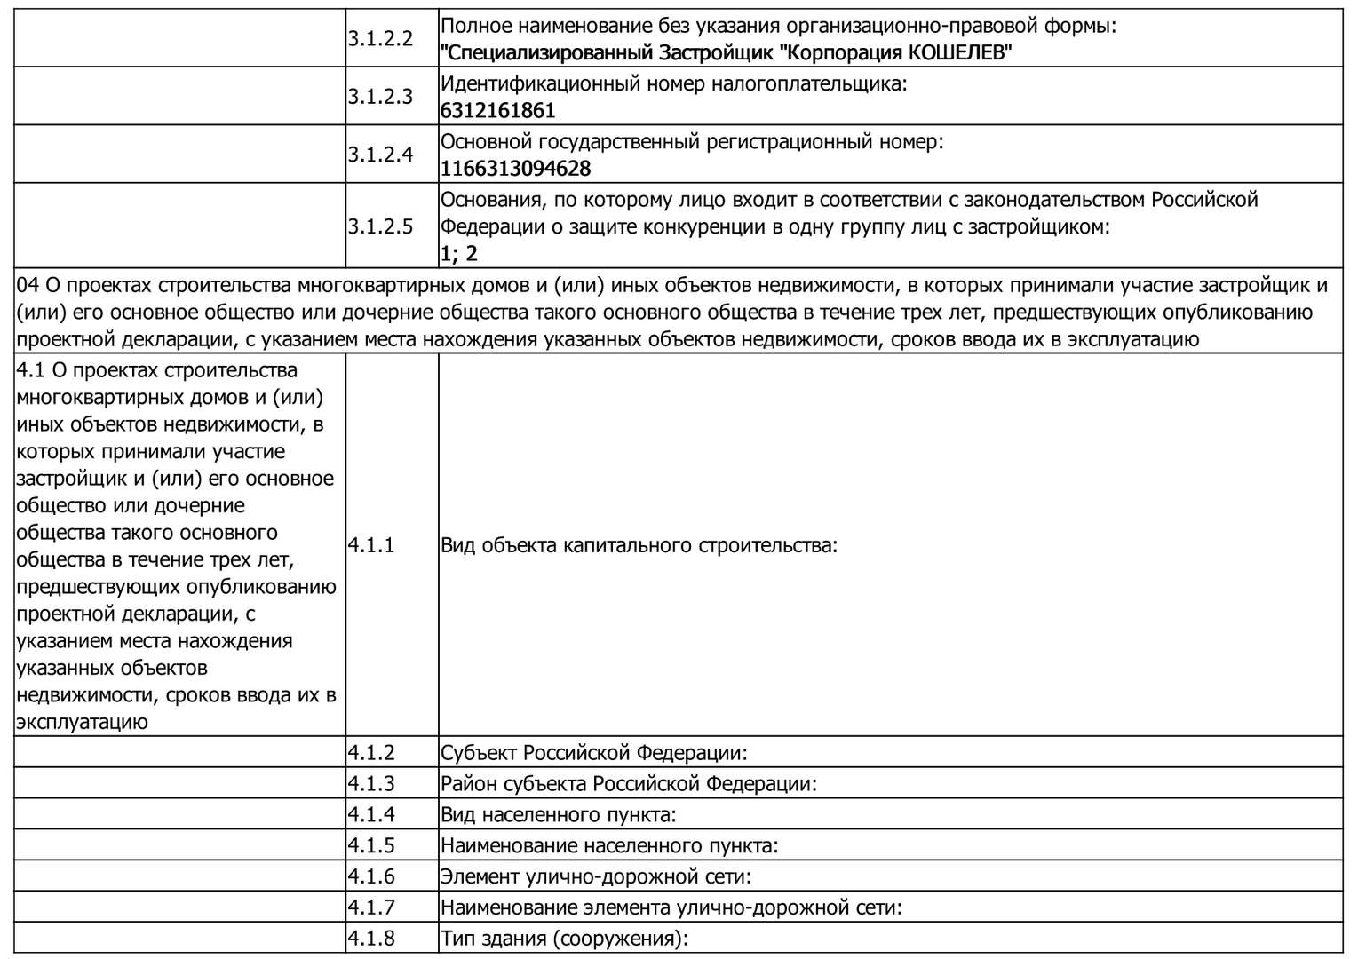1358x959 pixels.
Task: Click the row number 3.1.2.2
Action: pos(380,39)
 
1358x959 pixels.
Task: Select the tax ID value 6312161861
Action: pos(497,111)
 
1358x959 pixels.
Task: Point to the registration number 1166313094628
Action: pos(515,169)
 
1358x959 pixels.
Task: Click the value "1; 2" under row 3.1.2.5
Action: pos(459,254)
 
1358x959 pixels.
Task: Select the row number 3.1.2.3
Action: pos(380,97)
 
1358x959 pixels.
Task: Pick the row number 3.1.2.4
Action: pos(380,155)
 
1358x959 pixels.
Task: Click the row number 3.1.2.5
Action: pos(380,226)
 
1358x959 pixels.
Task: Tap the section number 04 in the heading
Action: pos(28,285)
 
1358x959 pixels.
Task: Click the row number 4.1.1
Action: pos(371,545)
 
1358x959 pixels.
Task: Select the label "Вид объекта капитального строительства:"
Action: pos(639,545)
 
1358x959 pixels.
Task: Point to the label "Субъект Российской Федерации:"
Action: pos(594,753)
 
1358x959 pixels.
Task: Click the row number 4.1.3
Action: pos(371,784)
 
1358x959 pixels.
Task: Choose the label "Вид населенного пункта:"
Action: pos(559,815)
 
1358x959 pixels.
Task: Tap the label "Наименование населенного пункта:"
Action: pos(609,846)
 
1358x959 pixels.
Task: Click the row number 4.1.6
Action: pos(371,877)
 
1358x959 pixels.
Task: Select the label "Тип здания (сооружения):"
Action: pos(565,939)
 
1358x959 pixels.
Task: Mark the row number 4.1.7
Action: pos(371,907)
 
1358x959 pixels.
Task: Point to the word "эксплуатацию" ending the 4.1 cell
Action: pos(82,722)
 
